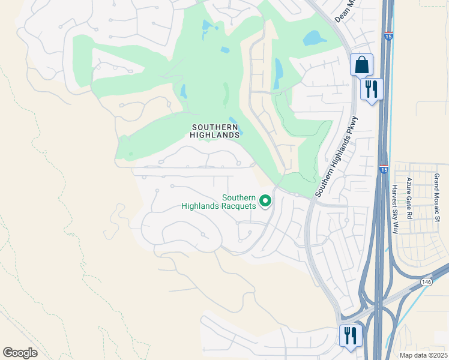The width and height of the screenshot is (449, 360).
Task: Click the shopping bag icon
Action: point(361,64)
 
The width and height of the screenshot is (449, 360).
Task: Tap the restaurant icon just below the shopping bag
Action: point(372,89)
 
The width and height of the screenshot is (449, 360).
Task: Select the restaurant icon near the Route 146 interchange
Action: point(349,335)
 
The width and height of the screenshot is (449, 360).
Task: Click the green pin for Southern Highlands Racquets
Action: point(266,201)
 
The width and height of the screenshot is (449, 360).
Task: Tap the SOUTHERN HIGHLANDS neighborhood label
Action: point(215,131)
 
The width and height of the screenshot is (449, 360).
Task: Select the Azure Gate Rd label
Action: point(409,197)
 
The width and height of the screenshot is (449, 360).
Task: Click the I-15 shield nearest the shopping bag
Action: point(389,37)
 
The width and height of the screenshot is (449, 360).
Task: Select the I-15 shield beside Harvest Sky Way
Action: point(383,170)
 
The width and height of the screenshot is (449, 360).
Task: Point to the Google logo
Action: point(20,352)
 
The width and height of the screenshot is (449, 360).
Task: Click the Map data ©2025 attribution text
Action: point(423,355)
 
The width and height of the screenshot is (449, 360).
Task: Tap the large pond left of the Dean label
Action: point(315,38)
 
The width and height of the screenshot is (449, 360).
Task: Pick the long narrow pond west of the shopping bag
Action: point(278,74)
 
